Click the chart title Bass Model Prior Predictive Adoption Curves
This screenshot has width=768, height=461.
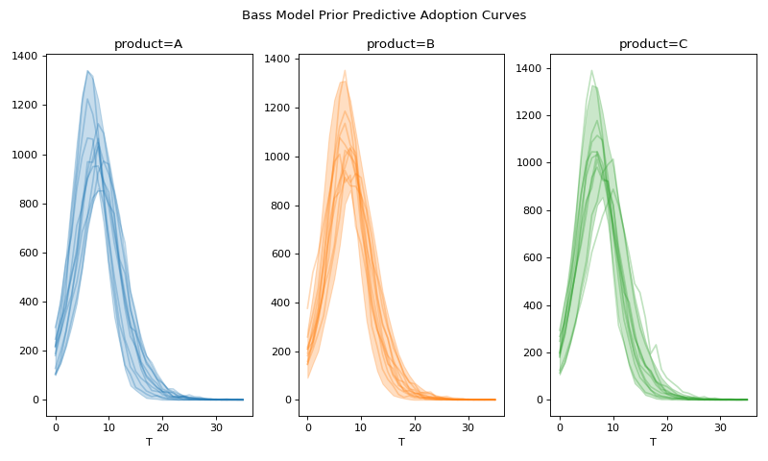[x=384, y=15]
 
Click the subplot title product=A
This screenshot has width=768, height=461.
[x=148, y=44]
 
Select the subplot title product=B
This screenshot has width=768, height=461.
[x=400, y=44]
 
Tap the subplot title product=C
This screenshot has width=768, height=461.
[x=653, y=44]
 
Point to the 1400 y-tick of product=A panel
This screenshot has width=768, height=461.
[x=24, y=57]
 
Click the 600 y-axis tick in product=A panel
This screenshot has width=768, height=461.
[x=28, y=253]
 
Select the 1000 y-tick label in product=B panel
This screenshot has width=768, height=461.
[x=276, y=157]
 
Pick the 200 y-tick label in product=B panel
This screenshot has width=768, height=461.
[x=280, y=352]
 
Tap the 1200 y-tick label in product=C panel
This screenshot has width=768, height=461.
[x=528, y=116]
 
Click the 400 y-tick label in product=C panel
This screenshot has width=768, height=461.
[x=532, y=305]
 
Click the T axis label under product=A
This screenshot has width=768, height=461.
[x=149, y=442]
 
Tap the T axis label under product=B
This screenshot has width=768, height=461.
[x=401, y=442]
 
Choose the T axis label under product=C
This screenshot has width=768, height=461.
[x=653, y=442]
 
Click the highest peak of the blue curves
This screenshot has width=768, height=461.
[x=87, y=70]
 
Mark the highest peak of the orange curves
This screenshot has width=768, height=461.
[x=345, y=70]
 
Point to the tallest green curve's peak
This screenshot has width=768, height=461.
[x=591, y=70]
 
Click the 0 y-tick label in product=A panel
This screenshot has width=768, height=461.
[x=36, y=400]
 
